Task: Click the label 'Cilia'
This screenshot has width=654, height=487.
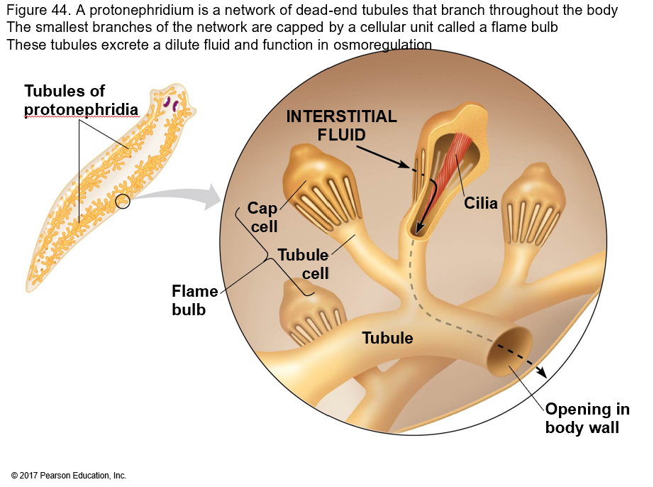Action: tap(481, 203)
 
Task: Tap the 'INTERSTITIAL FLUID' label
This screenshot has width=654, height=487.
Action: tap(341, 125)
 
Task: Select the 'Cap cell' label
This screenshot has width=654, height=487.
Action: tap(262, 217)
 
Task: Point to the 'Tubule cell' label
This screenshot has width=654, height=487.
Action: tap(303, 263)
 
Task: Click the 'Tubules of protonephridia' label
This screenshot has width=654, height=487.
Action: tap(81, 100)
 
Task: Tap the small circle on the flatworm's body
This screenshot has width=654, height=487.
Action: tap(123, 202)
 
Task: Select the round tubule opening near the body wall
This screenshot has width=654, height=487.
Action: tap(510, 351)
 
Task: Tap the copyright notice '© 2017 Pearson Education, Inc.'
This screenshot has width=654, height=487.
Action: tap(68, 475)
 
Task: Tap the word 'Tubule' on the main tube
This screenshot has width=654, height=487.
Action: tap(387, 338)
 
